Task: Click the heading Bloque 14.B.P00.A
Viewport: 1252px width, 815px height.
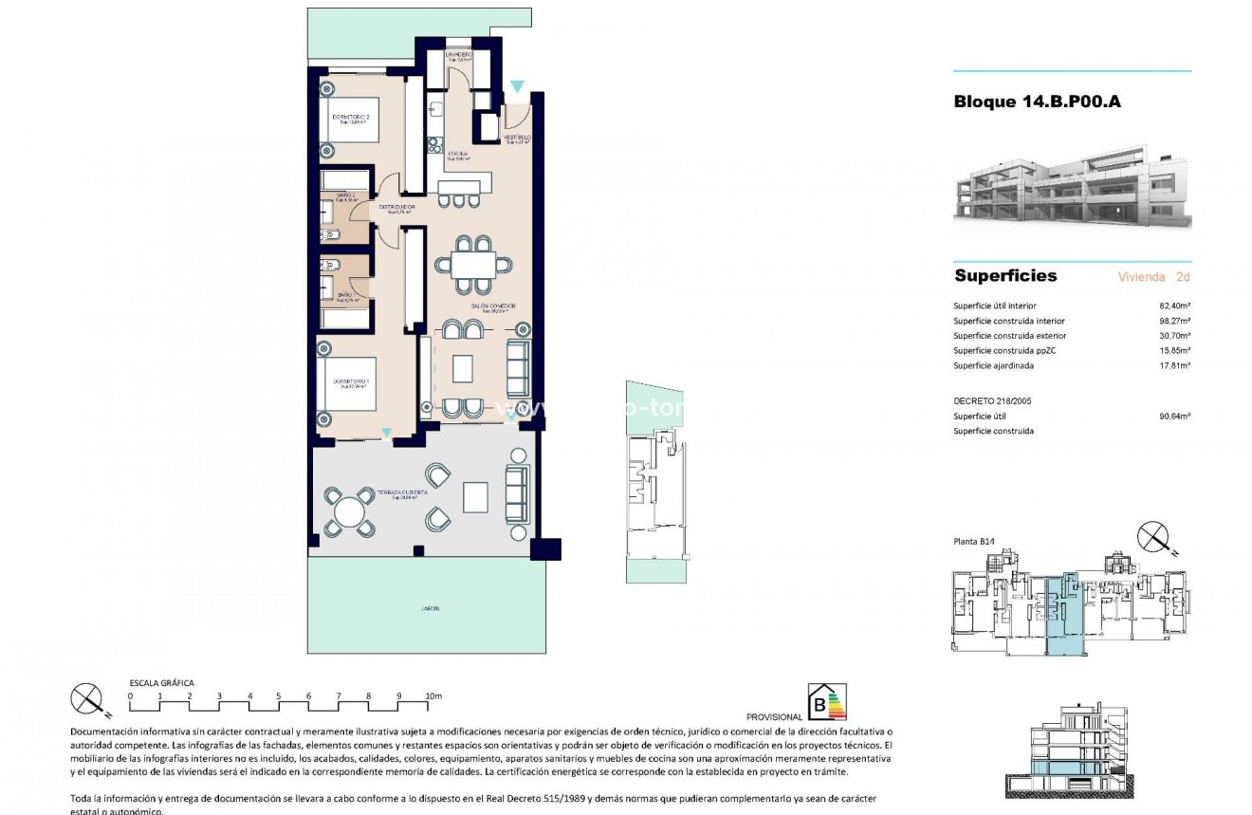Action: coord(1037,102)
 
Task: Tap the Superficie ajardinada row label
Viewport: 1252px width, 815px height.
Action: coord(993,365)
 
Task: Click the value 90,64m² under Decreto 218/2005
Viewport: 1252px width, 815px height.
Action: coord(1175,416)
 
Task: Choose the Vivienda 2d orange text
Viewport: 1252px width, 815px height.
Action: coord(1153,277)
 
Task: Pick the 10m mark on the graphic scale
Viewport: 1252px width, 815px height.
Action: coord(433,696)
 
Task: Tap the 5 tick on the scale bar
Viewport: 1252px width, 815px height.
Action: coord(279,696)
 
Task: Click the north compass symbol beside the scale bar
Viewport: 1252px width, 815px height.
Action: coord(88,700)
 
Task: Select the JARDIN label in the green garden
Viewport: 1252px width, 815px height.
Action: coord(431,608)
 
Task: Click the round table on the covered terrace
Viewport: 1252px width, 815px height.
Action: coord(349,512)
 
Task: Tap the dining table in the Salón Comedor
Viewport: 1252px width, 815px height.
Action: coord(471,263)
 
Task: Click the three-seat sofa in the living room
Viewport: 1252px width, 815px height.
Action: coord(518,369)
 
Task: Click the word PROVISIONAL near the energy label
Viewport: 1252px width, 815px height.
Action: coord(774,717)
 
